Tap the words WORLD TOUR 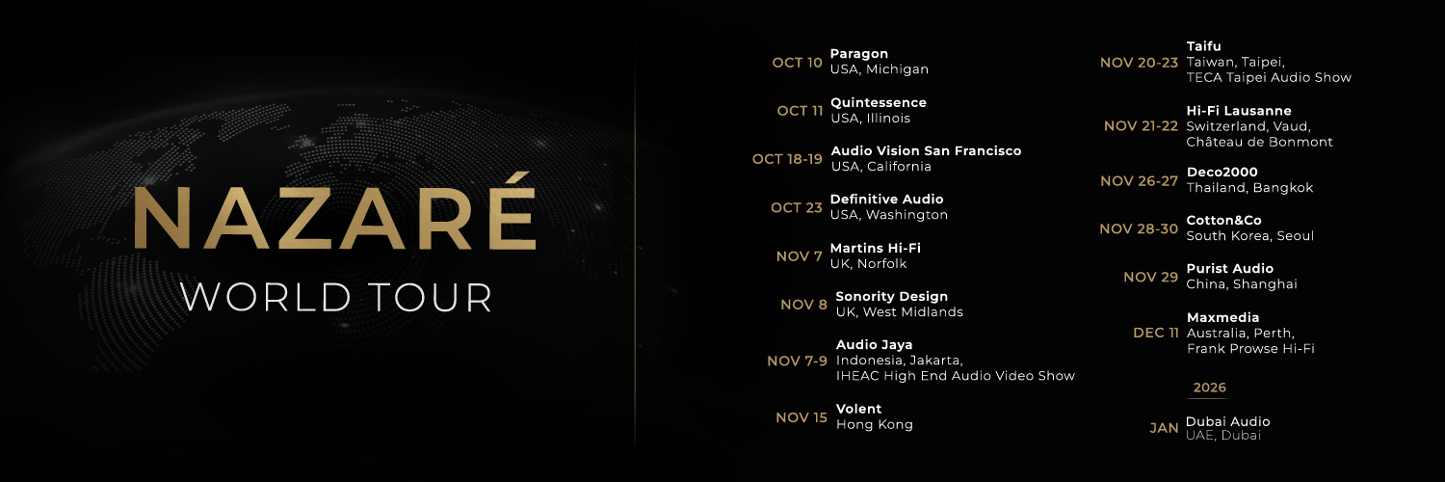(x=336, y=297)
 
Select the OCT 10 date (x=797, y=63)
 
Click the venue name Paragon (x=859, y=54)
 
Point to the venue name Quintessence (x=879, y=103)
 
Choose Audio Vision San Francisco (x=926, y=151)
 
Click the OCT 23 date (x=796, y=207)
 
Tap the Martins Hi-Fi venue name (x=876, y=248)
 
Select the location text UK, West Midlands (x=899, y=312)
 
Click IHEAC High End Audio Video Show (x=955, y=376)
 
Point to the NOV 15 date (x=801, y=417)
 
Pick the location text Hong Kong (x=874, y=425)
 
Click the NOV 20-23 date (x=1139, y=63)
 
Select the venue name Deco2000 (x=1222, y=173)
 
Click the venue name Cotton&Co (x=1223, y=221)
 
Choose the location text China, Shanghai (x=1242, y=284)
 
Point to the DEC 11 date (x=1155, y=333)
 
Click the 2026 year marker (x=1209, y=388)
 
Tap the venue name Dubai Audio (x=1227, y=422)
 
